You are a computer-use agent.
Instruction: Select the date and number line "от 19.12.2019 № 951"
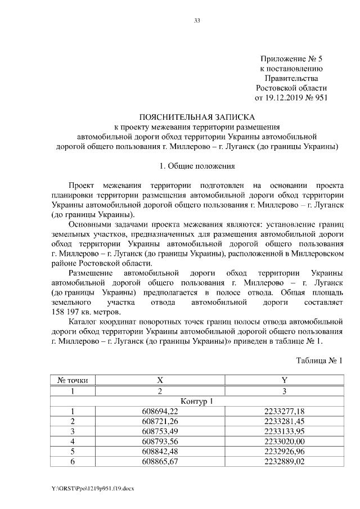click(291, 97)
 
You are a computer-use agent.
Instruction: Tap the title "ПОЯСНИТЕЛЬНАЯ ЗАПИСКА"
click(197, 117)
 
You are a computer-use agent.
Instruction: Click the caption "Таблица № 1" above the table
click(319, 360)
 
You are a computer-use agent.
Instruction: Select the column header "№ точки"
click(73, 380)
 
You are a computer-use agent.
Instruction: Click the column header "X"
click(160, 380)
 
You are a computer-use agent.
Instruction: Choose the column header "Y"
click(283, 380)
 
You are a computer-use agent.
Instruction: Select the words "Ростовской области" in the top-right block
click(291, 88)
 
